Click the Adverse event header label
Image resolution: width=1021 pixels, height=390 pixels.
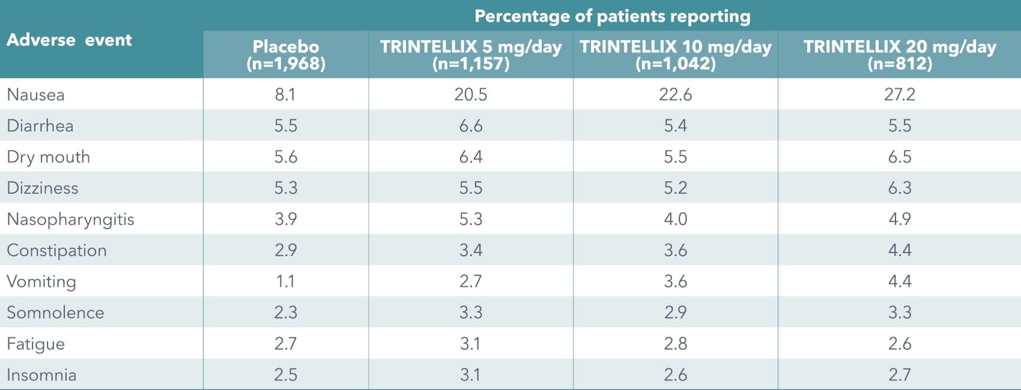click(69, 40)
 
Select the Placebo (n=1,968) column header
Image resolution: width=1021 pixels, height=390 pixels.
click(286, 55)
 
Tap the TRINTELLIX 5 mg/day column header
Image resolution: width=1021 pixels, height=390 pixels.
click(471, 55)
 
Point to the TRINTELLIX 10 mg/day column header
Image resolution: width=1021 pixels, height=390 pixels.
click(676, 55)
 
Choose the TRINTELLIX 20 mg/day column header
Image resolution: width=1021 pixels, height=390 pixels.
click(900, 55)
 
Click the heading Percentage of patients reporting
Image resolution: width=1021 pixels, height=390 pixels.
click(612, 16)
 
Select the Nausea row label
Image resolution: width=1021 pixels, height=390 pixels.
click(35, 95)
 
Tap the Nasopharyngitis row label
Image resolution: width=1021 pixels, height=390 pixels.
click(70, 219)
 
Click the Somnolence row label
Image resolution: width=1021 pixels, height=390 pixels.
click(55, 313)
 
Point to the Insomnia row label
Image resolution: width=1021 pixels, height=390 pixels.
click(41, 375)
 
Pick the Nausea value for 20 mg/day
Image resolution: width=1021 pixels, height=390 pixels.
click(900, 95)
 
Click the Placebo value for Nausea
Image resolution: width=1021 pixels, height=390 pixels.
click(285, 95)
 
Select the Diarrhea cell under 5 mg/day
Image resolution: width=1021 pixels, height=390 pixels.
click(471, 126)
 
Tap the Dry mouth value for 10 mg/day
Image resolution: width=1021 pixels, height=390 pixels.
click(676, 157)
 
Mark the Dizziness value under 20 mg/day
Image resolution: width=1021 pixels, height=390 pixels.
click(900, 188)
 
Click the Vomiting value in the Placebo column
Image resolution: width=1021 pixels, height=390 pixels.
click(285, 281)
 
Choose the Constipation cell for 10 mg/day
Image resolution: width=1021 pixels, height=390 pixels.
click(676, 250)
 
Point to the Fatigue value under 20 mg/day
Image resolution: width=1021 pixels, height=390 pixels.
click(900, 344)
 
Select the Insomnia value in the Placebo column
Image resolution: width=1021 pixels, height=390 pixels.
click(285, 375)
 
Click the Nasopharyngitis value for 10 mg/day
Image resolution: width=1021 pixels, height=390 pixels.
click(676, 219)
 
